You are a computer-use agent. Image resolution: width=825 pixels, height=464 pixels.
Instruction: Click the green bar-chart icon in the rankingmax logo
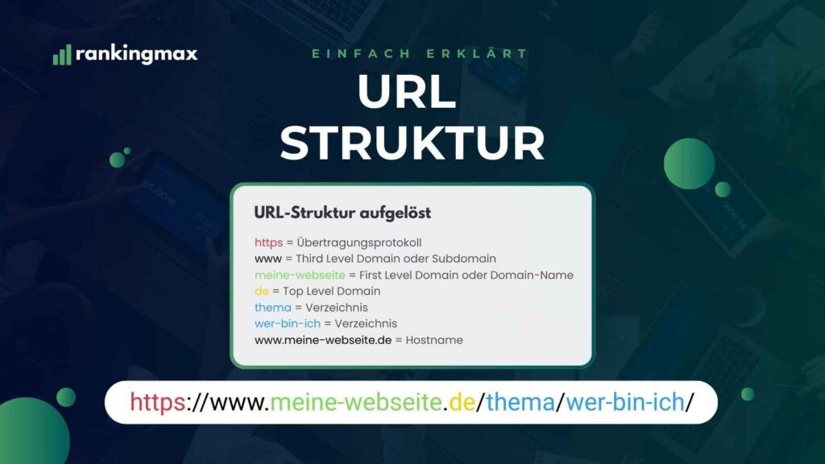(x=62, y=55)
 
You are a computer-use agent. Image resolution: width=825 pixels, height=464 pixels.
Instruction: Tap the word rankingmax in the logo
(x=137, y=54)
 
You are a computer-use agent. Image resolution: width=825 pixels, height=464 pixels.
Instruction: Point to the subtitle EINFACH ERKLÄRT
(x=420, y=54)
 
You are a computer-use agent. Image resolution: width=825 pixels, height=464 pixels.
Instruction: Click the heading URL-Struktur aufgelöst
(x=342, y=213)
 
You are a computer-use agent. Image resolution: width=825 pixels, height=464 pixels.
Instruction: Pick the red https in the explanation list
(x=268, y=242)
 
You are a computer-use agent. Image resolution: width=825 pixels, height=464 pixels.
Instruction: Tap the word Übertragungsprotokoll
(x=359, y=242)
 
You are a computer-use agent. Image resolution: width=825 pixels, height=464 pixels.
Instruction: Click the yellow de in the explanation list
(x=261, y=291)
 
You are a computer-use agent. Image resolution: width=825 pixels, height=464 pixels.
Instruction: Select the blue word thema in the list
(x=270, y=307)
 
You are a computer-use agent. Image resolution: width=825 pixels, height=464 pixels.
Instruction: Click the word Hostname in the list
(x=434, y=340)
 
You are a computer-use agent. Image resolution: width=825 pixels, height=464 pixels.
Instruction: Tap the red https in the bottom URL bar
(x=157, y=402)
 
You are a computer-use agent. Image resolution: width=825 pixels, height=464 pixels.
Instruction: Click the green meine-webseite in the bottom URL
(x=355, y=402)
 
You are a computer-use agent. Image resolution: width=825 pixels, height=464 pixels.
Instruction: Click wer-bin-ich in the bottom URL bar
(x=624, y=402)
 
